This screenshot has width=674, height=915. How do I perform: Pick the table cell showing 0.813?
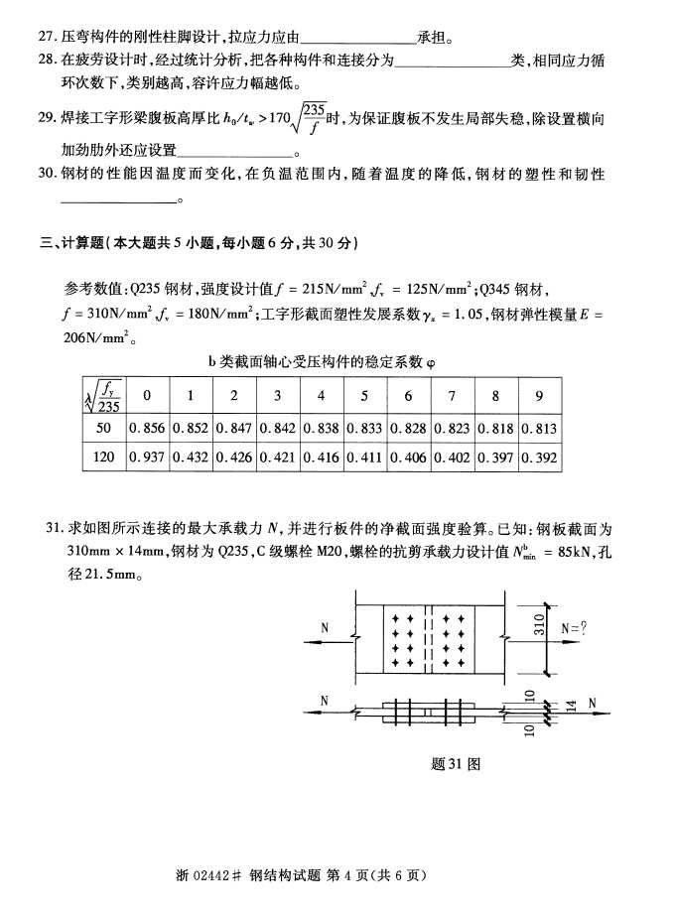click(539, 429)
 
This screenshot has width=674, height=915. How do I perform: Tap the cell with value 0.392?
click(539, 458)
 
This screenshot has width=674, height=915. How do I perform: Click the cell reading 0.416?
click(322, 458)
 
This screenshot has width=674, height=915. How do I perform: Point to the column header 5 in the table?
click(364, 397)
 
